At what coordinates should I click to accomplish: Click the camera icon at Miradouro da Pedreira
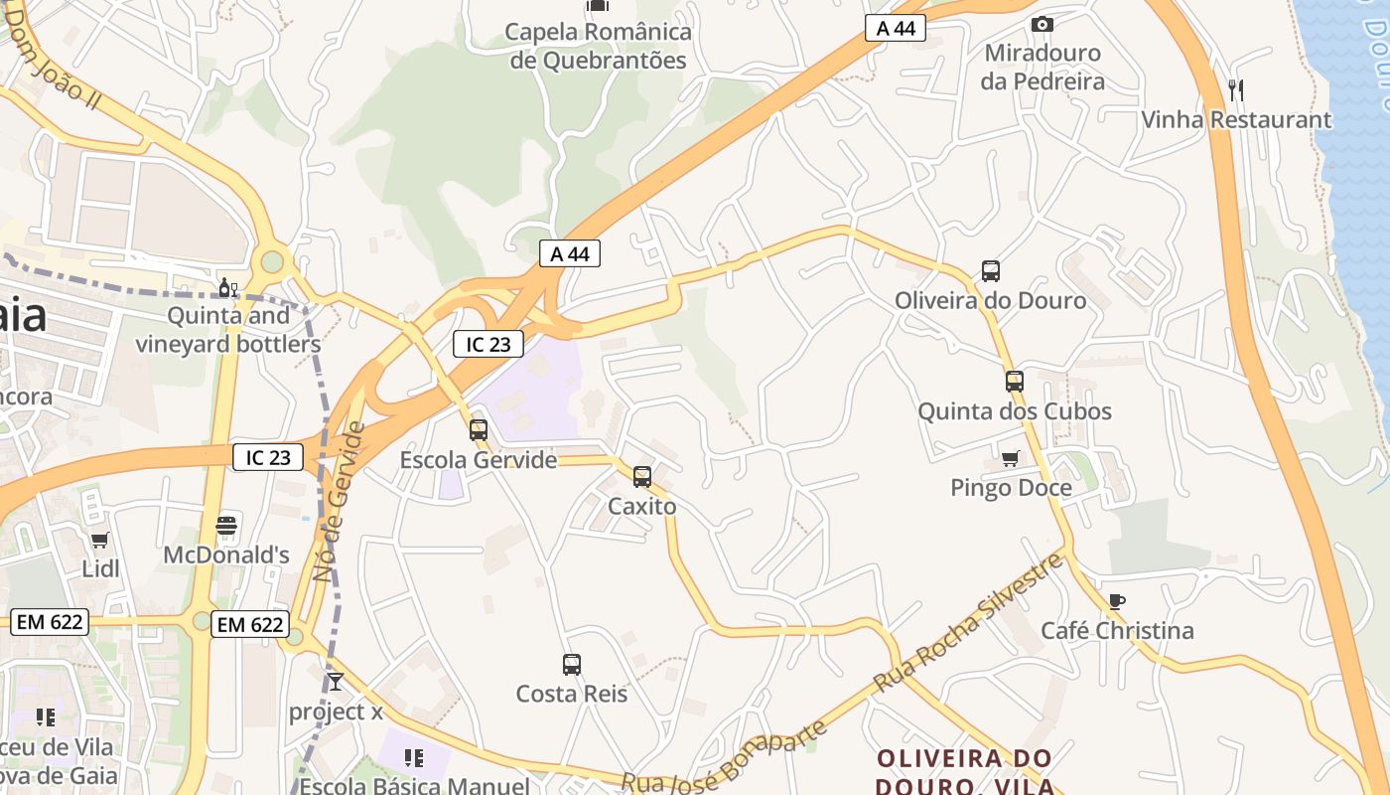(x=1042, y=24)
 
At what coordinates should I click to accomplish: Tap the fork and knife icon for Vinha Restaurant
(x=1236, y=90)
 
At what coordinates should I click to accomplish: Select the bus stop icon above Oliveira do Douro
(x=990, y=270)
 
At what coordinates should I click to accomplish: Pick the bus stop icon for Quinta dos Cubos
(x=1014, y=382)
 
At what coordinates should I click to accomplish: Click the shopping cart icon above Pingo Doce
(x=1011, y=458)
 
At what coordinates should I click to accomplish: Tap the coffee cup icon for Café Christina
(x=1117, y=601)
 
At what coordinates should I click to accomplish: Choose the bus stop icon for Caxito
(x=642, y=476)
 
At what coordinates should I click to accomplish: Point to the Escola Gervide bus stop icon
(x=479, y=430)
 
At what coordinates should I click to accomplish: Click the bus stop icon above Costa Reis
(x=572, y=664)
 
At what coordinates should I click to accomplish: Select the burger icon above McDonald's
(x=226, y=525)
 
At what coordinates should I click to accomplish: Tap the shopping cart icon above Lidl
(x=99, y=540)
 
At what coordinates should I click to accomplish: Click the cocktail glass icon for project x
(x=336, y=682)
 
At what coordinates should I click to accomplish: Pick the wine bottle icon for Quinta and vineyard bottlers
(x=227, y=287)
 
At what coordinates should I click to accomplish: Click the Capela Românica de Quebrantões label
(x=598, y=46)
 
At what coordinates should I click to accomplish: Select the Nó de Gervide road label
(x=339, y=502)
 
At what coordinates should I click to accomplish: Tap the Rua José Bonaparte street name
(x=725, y=759)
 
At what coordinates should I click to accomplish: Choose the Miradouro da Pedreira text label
(x=1042, y=67)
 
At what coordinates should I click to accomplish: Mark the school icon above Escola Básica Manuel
(x=414, y=758)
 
